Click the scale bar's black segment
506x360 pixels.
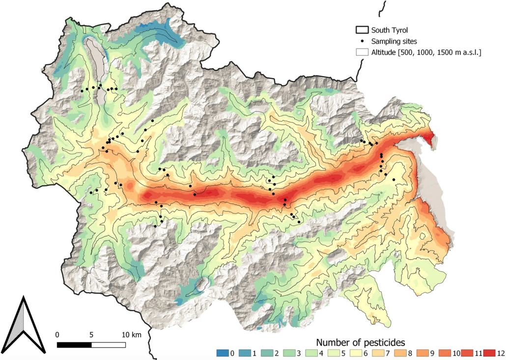coord(74,345)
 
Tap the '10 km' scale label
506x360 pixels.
coord(132,334)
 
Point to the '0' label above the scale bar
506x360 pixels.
coord(57,334)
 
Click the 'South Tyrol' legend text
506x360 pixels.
coord(390,30)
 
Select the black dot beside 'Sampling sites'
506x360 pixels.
coord(362,41)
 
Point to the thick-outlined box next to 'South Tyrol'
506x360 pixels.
coord(362,30)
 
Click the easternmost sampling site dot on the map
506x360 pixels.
coord(394,180)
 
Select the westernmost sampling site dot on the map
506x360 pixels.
coord(82,90)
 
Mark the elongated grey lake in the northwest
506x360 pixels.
coord(97,66)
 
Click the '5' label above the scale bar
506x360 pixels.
coord(91,334)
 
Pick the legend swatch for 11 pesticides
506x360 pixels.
coord(463,353)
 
